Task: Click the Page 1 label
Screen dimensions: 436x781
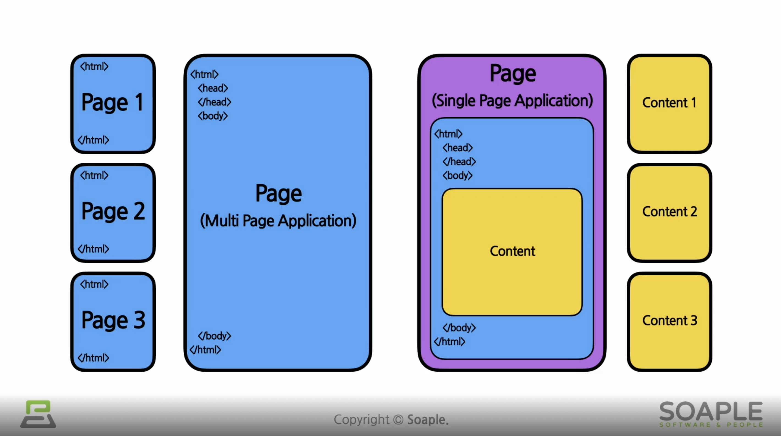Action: coord(112,102)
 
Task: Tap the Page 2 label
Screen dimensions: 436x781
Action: coord(113,211)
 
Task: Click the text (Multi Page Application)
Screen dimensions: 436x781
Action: coord(278,221)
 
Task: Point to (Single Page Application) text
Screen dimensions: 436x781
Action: coord(512,101)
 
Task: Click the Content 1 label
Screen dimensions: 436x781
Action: coord(669,103)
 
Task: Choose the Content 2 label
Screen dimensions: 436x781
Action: coord(669,212)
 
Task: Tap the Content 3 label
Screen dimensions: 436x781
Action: coord(670,320)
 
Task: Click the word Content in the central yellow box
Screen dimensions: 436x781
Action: coord(512,251)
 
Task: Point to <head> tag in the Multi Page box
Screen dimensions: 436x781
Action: coord(213,88)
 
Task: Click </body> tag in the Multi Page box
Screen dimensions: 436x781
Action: coord(214,336)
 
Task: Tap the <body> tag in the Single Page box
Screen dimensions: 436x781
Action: coord(458,176)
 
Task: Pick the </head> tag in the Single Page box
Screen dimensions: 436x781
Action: coord(459,162)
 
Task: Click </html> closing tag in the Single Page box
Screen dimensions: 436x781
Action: coord(449,341)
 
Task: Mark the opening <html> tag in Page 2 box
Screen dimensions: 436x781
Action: coord(94,175)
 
